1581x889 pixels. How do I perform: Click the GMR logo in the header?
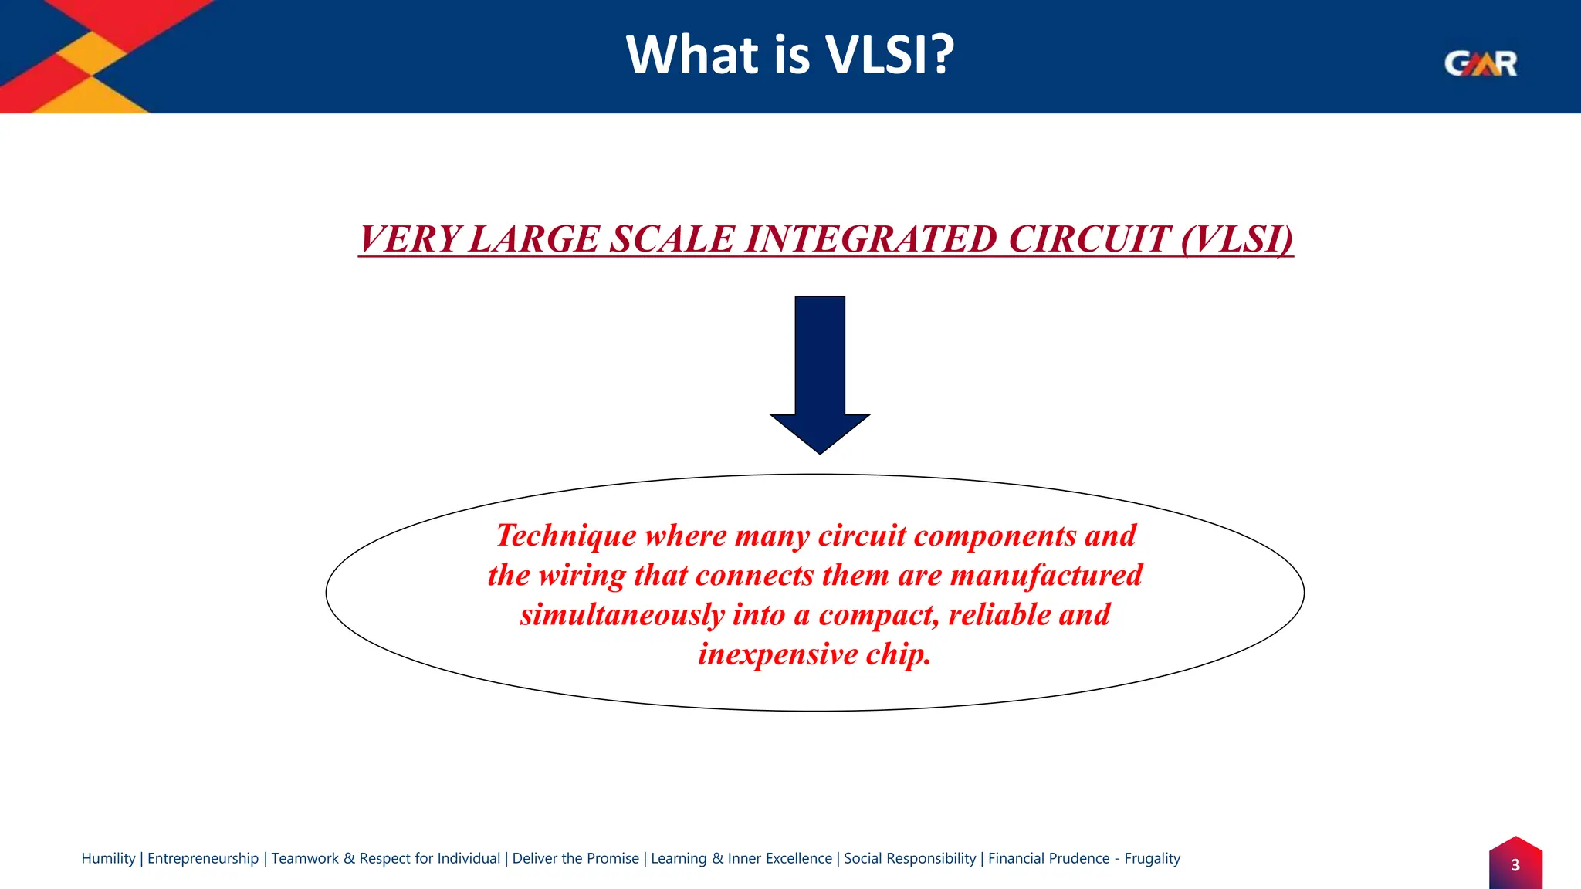(1480, 63)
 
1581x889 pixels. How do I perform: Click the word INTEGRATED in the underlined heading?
(872, 239)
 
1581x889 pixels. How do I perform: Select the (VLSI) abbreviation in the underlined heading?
(1237, 239)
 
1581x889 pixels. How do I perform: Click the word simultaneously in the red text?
(621, 615)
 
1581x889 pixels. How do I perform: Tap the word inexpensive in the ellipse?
(777, 654)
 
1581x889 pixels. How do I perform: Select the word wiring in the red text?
(581, 576)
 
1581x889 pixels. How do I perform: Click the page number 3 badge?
(1515, 865)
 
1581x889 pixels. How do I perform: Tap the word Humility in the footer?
(108, 858)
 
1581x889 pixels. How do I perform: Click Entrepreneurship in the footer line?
(203, 858)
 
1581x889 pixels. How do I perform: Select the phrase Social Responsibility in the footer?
(909, 858)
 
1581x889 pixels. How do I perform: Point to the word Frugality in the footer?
(1152, 858)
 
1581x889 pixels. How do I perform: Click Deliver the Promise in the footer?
(576, 858)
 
